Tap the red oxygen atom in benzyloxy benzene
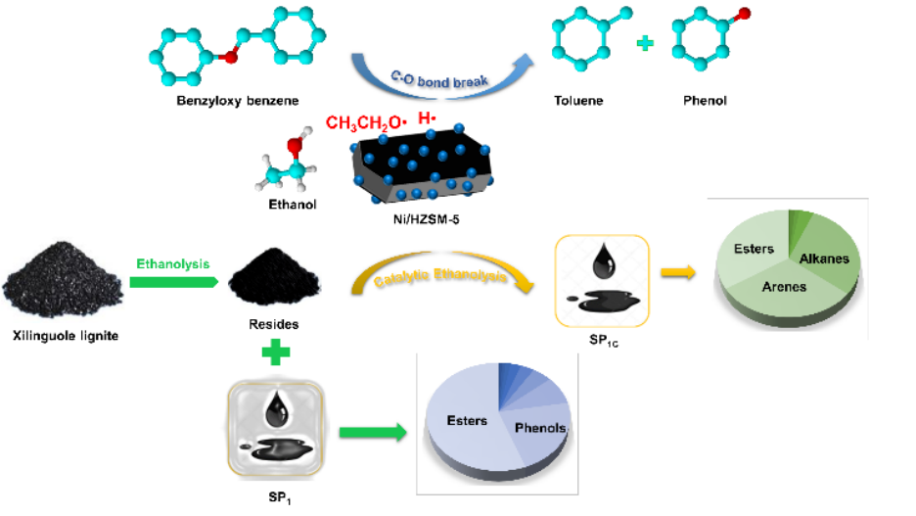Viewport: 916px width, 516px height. click(231, 58)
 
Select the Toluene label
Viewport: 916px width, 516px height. click(579, 101)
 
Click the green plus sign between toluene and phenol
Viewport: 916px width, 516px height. click(645, 46)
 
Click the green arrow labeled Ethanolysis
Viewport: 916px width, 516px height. click(172, 281)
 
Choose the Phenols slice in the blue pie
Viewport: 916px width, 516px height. click(540, 428)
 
